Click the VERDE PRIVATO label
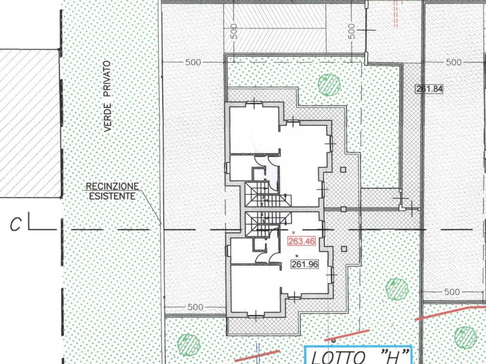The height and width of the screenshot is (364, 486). point(107,96)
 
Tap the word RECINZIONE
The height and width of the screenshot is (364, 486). point(112,186)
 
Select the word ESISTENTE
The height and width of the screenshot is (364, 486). point(112,196)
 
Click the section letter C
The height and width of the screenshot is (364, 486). point(16,225)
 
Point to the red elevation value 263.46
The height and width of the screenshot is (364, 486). point(302,241)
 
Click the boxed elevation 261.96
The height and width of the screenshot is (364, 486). point(304,264)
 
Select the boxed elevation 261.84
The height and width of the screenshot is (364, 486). point(429,89)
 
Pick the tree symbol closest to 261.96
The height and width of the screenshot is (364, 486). point(397,289)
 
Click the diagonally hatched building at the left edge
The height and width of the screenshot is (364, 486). point(30,124)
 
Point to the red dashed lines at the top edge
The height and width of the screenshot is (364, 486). point(396,13)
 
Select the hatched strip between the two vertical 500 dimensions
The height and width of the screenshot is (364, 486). point(275,28)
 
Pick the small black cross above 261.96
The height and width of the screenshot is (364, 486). point(297,255)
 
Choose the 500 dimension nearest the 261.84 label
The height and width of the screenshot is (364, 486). point(453,62)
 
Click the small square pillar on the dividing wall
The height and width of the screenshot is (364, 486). point(343,209)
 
